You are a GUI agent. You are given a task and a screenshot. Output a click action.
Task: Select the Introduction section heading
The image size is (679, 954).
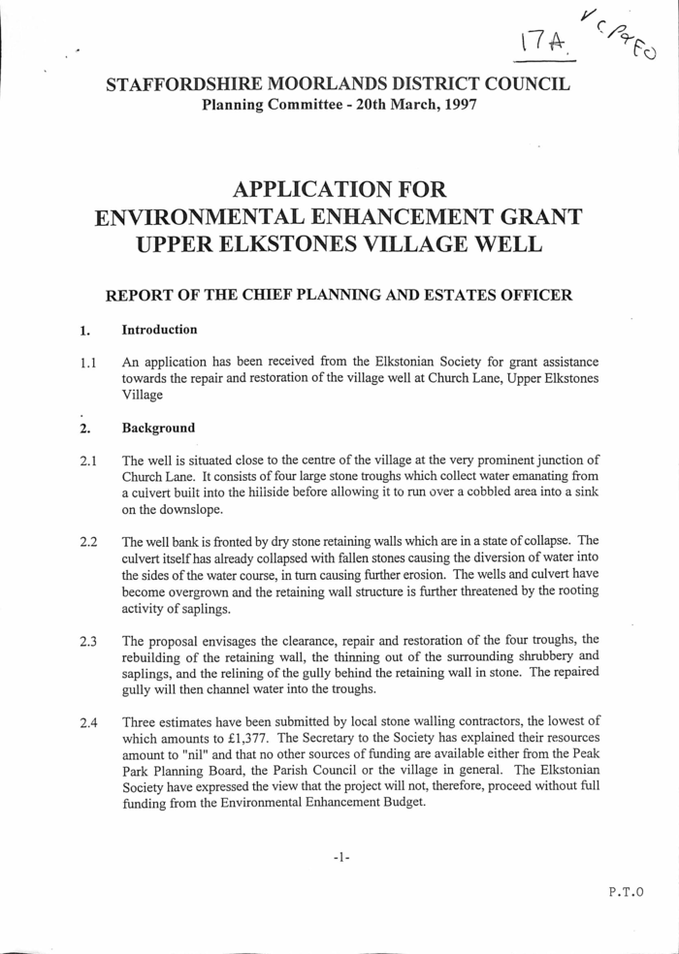tap(159, 330)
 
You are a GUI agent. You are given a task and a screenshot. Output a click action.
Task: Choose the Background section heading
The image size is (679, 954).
tap(158, 428)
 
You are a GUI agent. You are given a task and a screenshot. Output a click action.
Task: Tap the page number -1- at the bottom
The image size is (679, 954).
tap(339, 858)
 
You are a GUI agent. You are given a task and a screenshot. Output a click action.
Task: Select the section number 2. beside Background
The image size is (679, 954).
tap(85, 428)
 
